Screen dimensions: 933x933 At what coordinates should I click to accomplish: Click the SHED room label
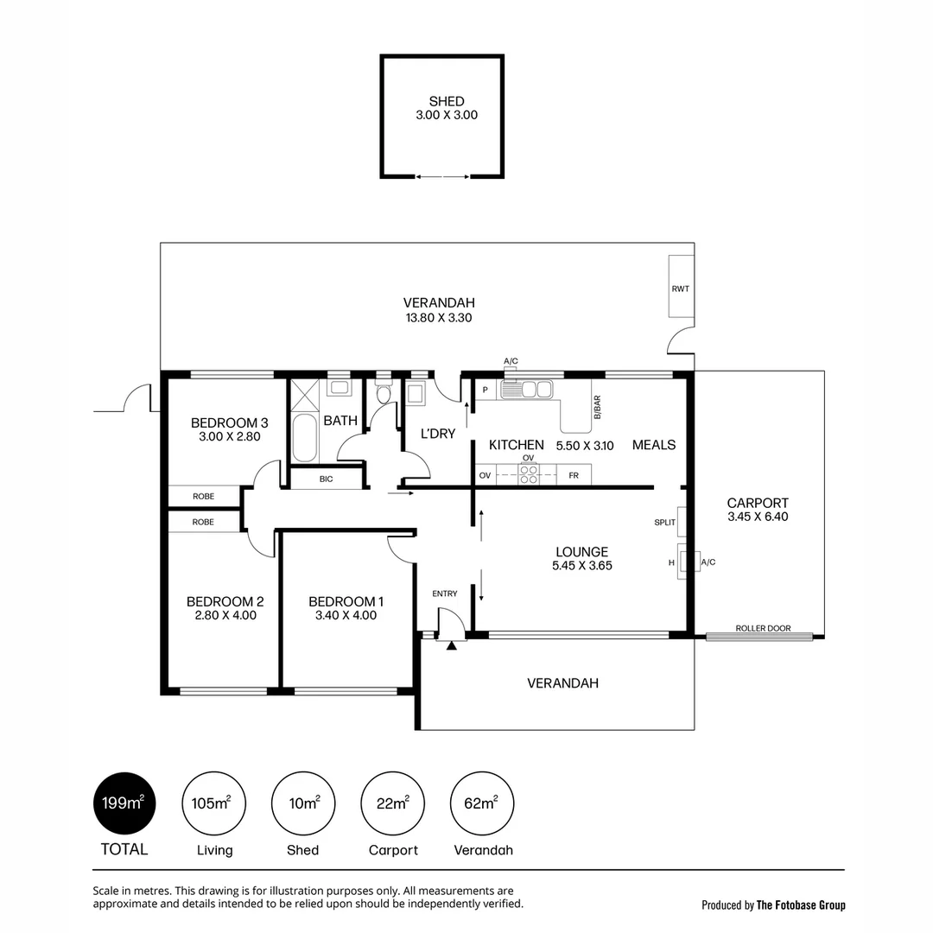pos(447,101)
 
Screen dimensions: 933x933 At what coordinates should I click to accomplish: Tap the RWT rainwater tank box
pos(682,286)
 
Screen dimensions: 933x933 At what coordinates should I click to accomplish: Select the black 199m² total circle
pos(124,803)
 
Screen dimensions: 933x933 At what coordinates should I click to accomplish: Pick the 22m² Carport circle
pos(393,803)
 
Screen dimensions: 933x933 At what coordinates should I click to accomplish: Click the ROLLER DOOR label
pos(763,628)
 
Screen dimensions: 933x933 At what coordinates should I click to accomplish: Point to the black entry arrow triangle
pos(452,644)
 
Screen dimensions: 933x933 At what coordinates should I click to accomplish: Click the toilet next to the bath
pos(384,393)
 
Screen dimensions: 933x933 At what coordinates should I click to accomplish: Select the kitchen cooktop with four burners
pos(529,474)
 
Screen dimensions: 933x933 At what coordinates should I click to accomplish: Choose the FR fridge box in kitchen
pos(574,475)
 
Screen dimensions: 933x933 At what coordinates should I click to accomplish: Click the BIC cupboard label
pos(326,479)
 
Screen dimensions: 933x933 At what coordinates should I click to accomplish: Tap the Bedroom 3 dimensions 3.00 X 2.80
pos(230,436)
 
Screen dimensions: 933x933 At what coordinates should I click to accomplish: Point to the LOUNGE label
pos(582,551)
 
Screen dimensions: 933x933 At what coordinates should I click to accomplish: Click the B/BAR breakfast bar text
pos(598,408)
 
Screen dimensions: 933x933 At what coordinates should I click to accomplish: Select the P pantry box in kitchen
pos(486,390)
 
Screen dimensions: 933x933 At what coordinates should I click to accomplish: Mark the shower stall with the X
pos(304,395)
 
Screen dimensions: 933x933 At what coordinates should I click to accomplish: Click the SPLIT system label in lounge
pos(664,523)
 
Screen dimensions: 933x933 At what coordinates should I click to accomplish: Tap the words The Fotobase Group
pos(801,905)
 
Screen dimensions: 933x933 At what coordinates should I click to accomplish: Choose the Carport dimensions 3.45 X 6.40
pos(758,517)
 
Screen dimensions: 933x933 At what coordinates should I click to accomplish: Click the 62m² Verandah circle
pos(481,803)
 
